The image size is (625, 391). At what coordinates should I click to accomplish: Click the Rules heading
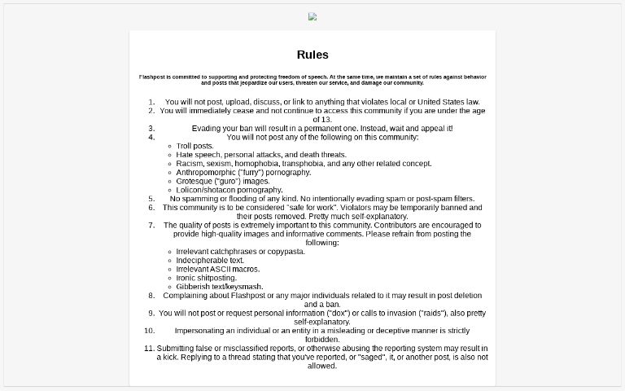tap(312, 55)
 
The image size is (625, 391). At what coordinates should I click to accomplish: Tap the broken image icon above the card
tap(312, 16)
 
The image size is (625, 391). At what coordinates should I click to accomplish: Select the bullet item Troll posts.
tap(195, 146)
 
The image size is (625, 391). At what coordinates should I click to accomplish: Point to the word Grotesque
tap(193, 181)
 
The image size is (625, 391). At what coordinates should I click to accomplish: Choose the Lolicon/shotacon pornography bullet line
tap(229, 190)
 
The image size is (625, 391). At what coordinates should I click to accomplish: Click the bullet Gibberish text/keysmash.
tap(219, 287)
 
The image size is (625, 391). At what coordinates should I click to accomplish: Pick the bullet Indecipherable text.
tap(210, 260)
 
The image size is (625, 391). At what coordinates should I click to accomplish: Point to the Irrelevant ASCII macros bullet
tap(217, 269)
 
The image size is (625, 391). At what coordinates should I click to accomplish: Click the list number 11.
tap(149, 348)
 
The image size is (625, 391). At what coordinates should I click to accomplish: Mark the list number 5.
tap(151, 198)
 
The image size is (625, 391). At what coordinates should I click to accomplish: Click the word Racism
tap(190, 163)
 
